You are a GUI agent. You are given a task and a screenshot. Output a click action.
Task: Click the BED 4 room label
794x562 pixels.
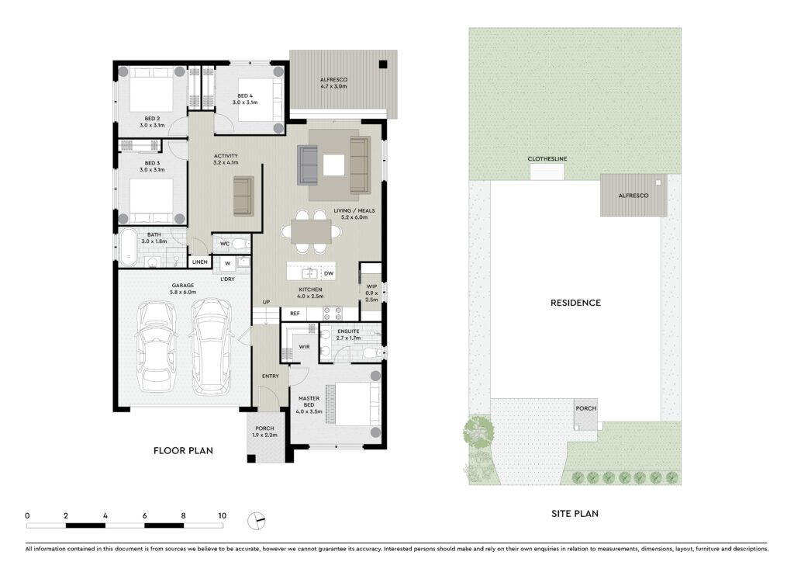(x=245, y=95)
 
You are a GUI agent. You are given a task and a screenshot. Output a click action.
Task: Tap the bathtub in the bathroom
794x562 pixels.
(x=128, y=248)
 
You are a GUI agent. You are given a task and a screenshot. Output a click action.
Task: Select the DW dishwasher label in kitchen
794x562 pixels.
(x=329, y=274)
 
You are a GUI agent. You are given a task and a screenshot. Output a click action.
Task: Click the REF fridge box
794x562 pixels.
(x=295, y=314)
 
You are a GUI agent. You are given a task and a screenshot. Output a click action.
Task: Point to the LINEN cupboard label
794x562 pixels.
(x=199, y=262)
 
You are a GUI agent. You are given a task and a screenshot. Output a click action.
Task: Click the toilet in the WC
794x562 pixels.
(x=241, y=244)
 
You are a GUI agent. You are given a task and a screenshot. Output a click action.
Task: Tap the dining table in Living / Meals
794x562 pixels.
(x=311, y=232)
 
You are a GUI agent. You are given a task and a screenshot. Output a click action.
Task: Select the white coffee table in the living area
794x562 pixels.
(x=333, y=165)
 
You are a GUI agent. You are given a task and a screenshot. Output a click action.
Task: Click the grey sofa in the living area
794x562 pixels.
(x=307, y=165)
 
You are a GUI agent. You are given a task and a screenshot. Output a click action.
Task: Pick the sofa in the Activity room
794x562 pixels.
(x=243, y=196)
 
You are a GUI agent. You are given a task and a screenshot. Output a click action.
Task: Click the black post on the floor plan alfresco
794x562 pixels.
(x=383, y=64)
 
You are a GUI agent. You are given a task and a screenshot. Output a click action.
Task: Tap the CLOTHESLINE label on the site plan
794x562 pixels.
(x=547, y=158)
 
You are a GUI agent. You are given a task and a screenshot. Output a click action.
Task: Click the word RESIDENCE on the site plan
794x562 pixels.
(x=576, y=303)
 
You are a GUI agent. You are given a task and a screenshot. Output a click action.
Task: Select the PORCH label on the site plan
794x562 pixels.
(x=586, y=408)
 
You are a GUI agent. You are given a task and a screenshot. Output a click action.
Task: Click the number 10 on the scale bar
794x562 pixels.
(x=222, y=516)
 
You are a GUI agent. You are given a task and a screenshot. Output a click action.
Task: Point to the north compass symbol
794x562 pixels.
(x=256, y=521)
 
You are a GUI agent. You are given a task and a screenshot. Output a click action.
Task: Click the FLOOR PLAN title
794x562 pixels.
(x=183, y=450)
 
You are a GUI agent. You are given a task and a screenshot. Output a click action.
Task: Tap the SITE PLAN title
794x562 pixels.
(x=575, y=514)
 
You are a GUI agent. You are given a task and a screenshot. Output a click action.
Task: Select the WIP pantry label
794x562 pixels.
(x=371, y=286)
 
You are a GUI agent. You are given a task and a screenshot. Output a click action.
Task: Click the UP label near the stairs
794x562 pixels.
(x=267, y=302)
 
